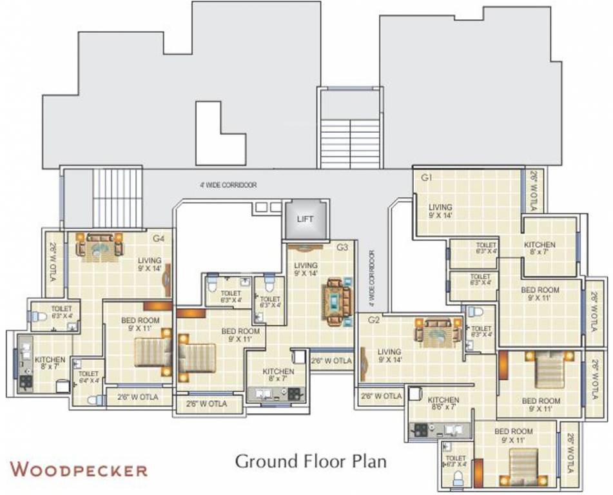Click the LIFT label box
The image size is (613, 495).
(x=306, y=219)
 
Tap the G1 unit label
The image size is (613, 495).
(x=426, y=177)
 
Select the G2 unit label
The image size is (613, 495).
(x=373, y=320)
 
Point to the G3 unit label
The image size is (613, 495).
(x=342, y=247)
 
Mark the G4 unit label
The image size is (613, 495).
(x=158, y=238)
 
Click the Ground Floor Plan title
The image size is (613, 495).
(x=310, y=461)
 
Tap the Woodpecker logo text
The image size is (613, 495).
(x=79, y=469)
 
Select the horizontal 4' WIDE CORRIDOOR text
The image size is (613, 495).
(x=228, y=185)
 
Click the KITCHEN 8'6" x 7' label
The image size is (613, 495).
(x=443, y=403)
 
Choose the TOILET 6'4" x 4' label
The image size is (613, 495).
(x=88, y=377)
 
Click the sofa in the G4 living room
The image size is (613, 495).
(x=100, y=245)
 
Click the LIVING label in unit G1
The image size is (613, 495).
(x=441, y=211)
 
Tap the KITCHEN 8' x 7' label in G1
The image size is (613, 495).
(x=540, y=249)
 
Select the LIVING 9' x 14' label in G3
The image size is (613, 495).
(x=306, y=269)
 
